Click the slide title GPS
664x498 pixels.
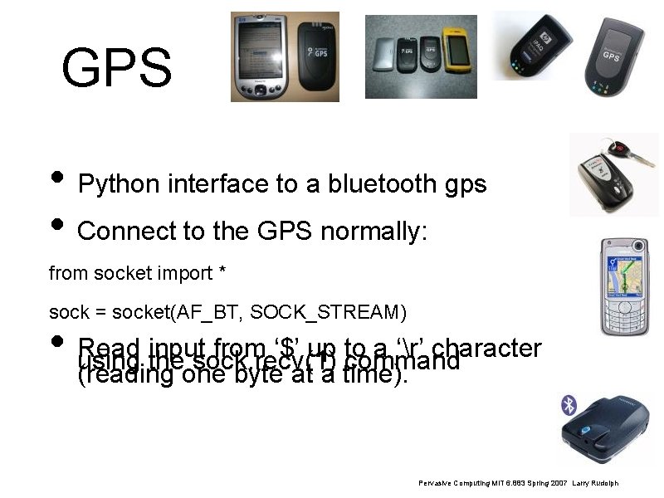[116, 68]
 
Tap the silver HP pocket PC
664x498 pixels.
[257, 56]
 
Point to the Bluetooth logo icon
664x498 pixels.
[569, 405]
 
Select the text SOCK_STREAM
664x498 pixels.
[327, 313]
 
